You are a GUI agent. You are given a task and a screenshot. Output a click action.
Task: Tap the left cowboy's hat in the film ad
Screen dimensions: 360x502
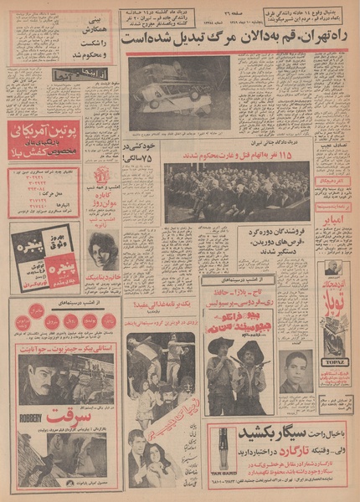(220, 344)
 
